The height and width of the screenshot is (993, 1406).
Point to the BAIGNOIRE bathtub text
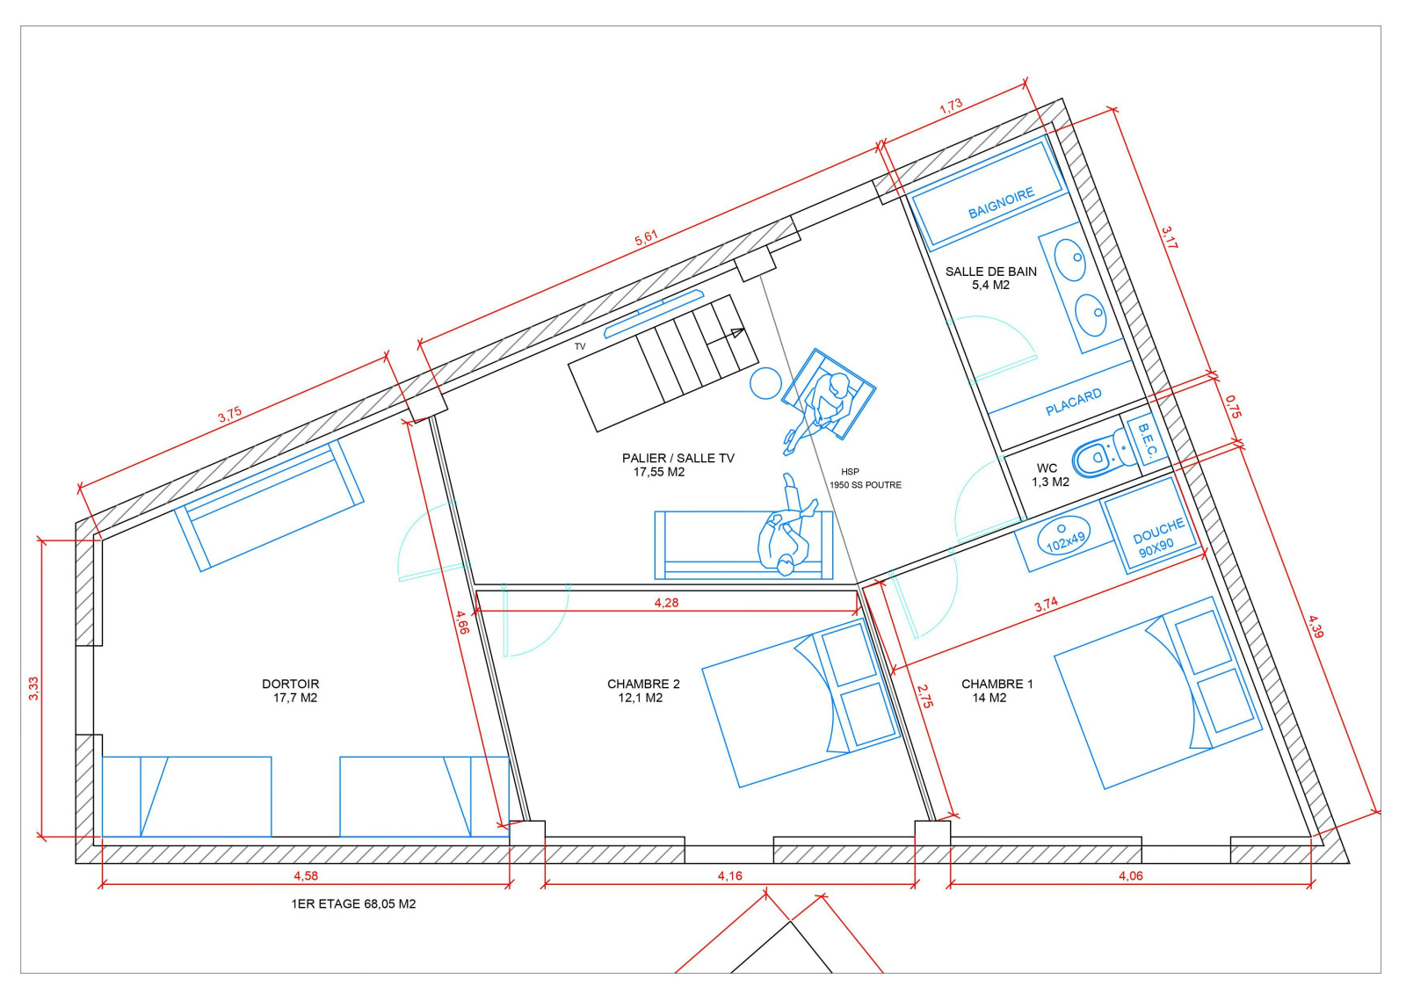click(x=1001, y=203)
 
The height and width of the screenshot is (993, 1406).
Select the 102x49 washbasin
click(x=1064, y=535)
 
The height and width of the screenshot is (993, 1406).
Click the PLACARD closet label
click(x=1073, y=402)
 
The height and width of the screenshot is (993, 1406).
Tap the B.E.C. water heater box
click(x=1148, y=439)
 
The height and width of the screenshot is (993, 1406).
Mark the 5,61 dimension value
click(x=646, y=238)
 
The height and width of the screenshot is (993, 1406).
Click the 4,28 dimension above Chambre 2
click(x=667, y=603)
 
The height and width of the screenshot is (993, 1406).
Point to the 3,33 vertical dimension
click(x=33, y=688)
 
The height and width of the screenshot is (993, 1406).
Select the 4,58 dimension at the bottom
click(x=306, y=875)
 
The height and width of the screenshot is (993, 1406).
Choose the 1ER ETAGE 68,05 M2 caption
click(x=353, y=904)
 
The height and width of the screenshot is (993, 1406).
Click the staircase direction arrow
click(x=726, y=337)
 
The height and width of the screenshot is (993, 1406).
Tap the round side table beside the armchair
click(x=765, y=383)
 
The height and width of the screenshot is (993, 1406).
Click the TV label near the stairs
click(x=580, y=346)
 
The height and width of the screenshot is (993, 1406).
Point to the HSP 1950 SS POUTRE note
click(x=865, y=478)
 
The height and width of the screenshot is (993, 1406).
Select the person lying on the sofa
click(x=786, y=526)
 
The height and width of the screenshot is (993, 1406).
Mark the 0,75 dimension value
click(x=1232, y=406)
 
